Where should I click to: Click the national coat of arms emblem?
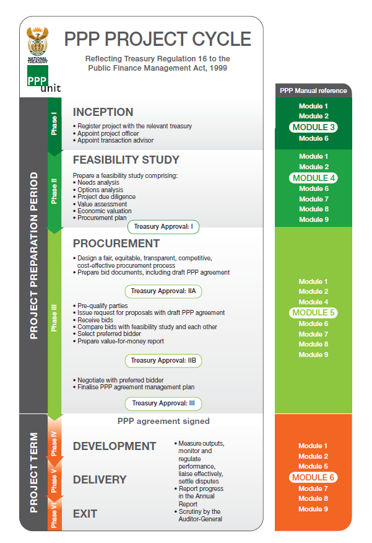tap(37, 41)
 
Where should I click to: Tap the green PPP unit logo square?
tap(37, 76)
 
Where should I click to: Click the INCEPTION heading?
tap(103, 112)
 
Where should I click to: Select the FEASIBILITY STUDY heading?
tap(126, 160)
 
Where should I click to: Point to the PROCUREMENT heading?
tap(116, 244)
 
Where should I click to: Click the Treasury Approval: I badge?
tap(163, 227)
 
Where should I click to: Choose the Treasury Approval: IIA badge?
tap(163, 291)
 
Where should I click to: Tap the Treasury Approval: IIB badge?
tap(163, 361)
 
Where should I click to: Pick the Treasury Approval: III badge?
tap(163, 404)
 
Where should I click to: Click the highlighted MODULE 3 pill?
tap(313, 127)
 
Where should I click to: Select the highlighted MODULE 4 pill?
tap(314, 178)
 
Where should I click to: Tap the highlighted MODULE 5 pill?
tap(313, 312)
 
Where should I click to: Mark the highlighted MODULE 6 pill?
tap(313, 477)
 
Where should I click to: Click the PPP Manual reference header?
tap(313, 90)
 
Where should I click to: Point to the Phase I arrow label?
tap(54, 123)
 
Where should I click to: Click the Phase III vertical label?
tap(54, 318)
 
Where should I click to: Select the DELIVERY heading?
tap(100, 480)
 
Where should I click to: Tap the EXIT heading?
tap(85, 514)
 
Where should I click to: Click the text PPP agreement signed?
tap(163, 421)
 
